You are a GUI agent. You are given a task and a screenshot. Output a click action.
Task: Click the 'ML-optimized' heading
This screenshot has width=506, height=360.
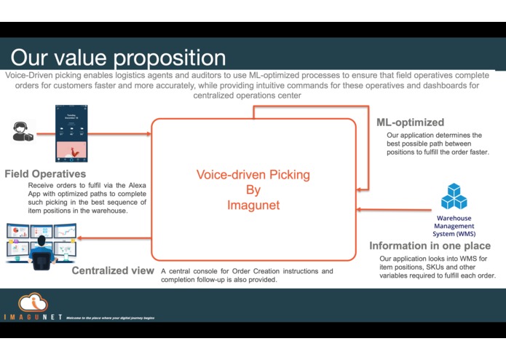(410, 122)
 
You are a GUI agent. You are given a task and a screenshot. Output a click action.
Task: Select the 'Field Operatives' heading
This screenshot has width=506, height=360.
(45, 174)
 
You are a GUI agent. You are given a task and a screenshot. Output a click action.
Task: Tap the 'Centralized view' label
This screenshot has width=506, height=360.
(113, 271)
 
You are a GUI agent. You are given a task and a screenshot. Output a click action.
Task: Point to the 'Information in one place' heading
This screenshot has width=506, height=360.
(430, 246)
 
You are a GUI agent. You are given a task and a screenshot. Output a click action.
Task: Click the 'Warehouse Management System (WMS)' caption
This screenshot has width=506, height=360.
(454, 226)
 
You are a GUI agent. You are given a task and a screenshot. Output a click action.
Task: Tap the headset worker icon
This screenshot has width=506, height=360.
(23, 132)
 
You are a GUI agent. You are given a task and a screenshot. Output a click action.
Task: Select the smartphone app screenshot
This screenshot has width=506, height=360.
(71, 133)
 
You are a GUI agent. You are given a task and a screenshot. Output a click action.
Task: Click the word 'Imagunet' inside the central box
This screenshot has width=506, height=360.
(253, 206)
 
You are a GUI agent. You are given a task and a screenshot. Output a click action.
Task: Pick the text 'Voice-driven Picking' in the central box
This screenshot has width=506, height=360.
(253, 175)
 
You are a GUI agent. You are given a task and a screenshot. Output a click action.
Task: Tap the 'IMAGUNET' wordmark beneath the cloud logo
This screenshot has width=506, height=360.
(31, 318)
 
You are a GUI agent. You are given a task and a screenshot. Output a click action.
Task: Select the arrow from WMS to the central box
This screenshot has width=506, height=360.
(393, 211)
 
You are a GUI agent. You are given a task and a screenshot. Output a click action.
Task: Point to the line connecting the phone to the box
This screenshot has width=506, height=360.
(120, 134)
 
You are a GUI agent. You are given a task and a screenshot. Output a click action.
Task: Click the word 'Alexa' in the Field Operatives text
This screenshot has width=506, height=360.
(135, 185)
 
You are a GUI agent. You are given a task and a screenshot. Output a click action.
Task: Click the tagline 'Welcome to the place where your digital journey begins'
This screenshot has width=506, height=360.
(111, 318)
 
